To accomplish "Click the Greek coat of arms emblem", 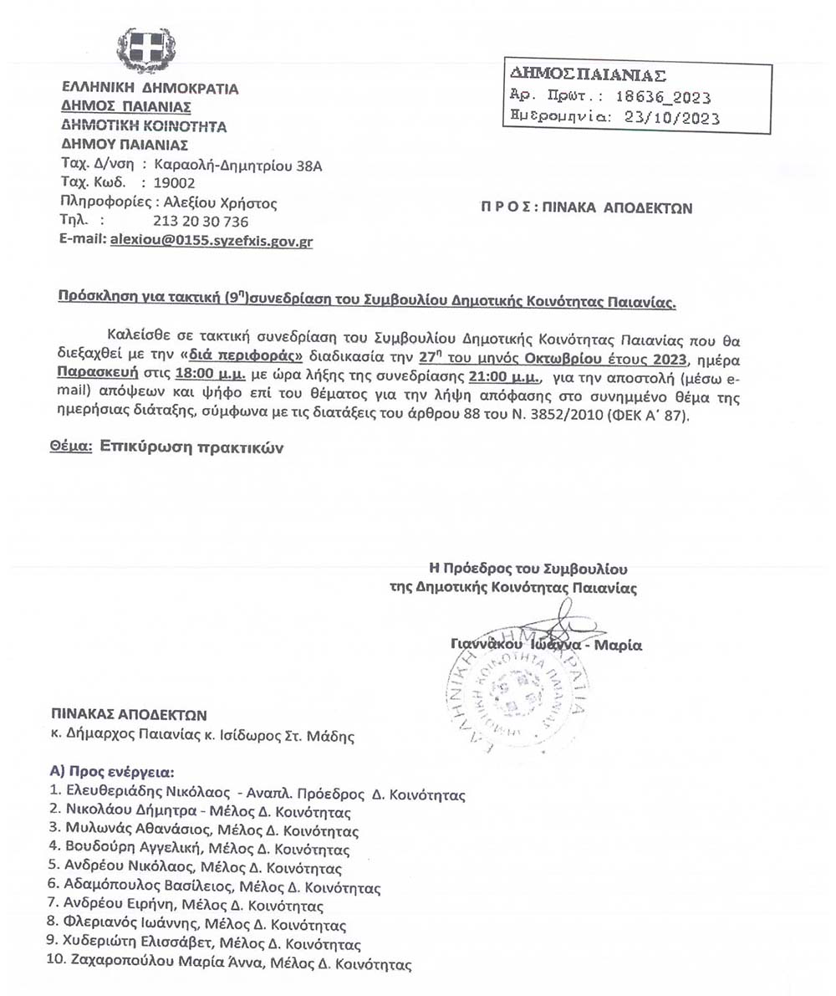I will tap(146, 50).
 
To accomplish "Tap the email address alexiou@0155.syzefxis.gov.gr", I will tap(212, 240).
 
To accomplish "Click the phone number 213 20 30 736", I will tap(201, 222).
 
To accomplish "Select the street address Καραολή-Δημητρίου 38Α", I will tap(238, 166).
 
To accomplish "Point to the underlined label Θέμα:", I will tap(70, 447).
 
